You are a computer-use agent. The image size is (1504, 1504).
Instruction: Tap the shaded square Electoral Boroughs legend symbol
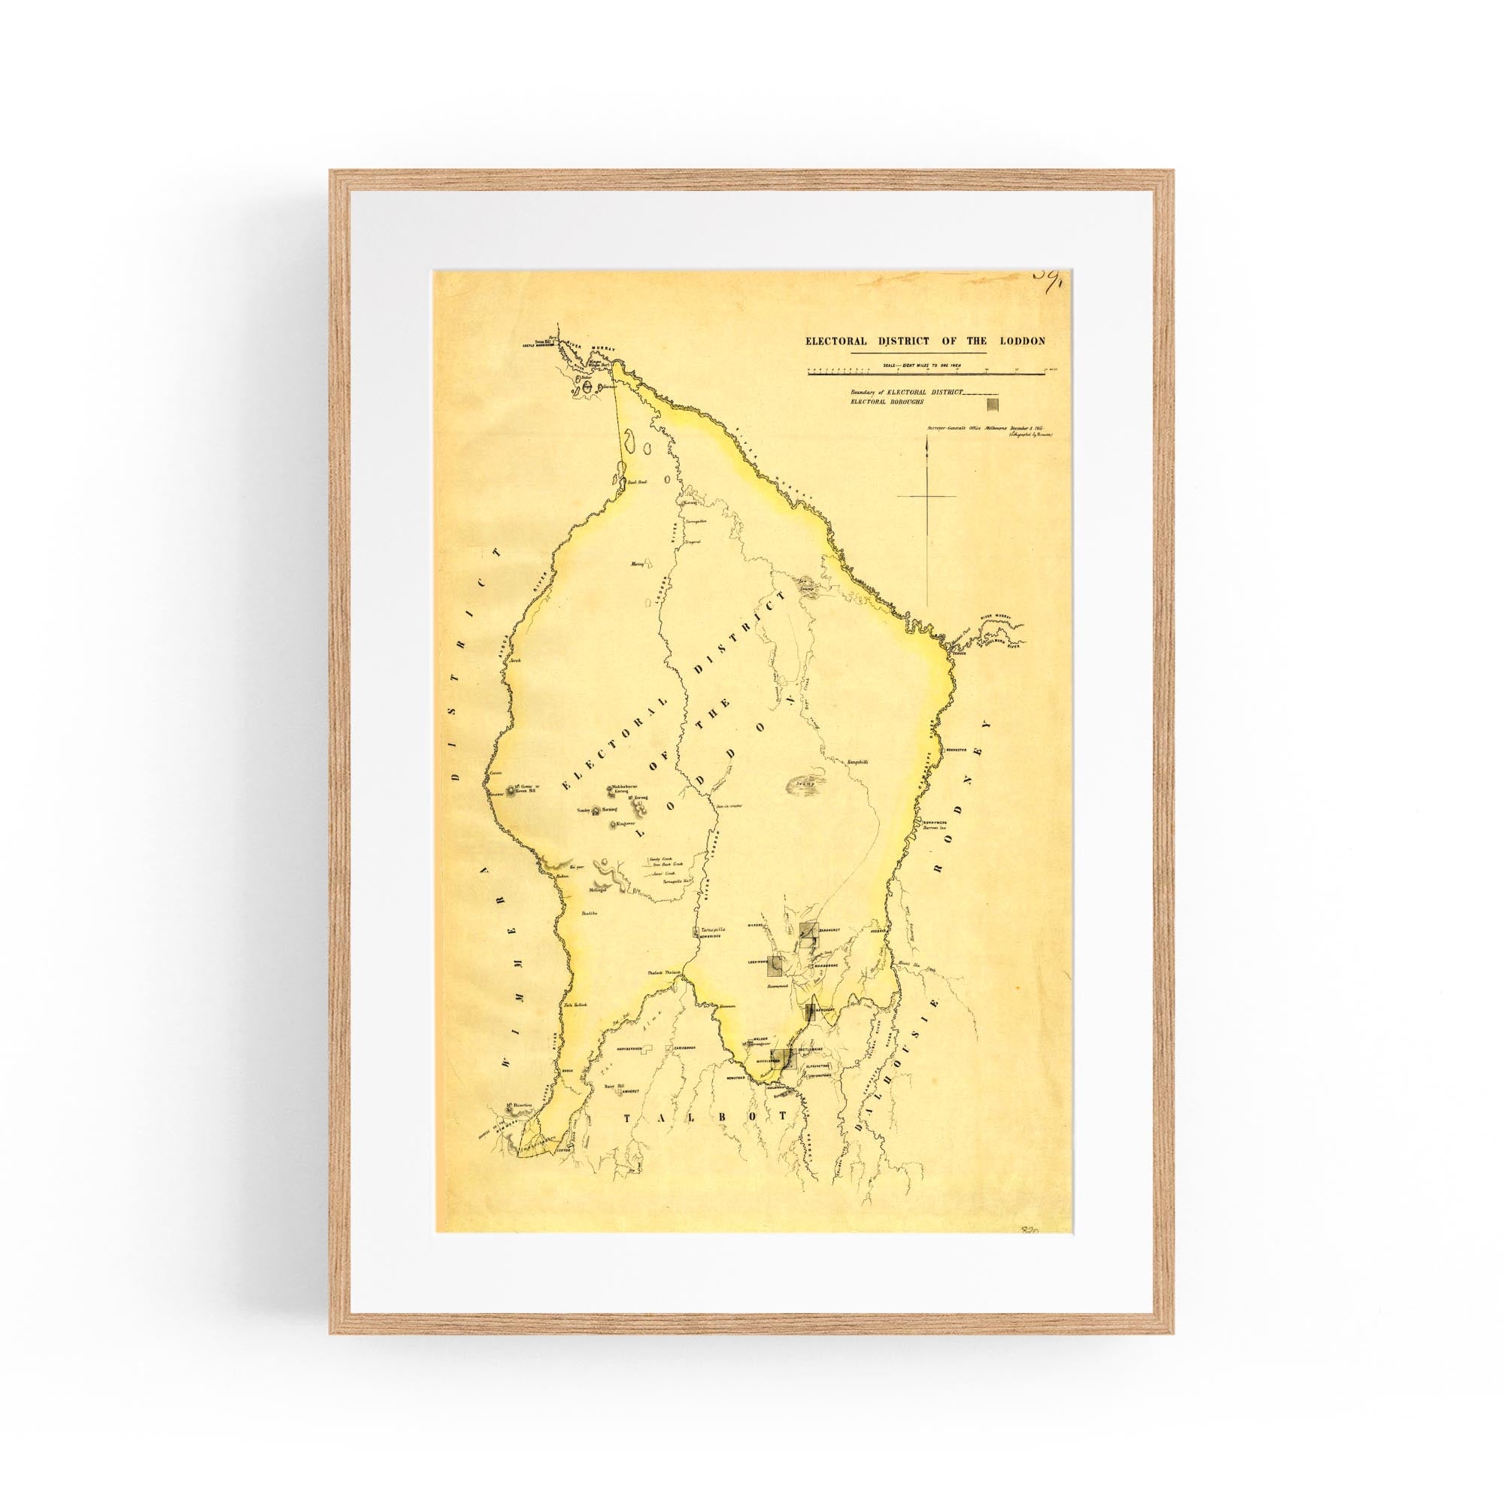point(993,404)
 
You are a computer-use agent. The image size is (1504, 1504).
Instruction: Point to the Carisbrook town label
point(684,1049)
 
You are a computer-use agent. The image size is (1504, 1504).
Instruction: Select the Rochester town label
point(956,750)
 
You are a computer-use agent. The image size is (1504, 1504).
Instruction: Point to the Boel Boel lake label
point(638,483)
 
